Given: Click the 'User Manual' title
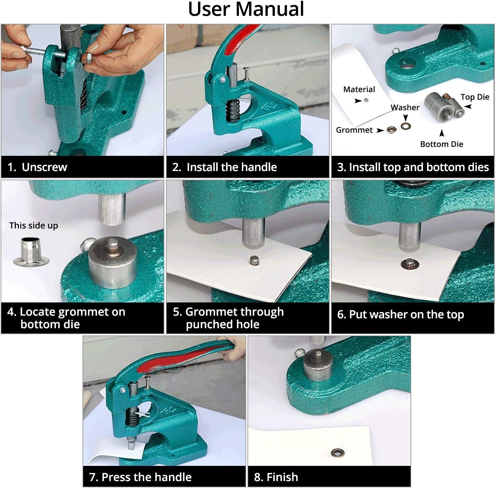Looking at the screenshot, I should coord(246,9).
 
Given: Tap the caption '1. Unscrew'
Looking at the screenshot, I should coord(37,167).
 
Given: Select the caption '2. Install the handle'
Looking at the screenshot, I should coord(224,167).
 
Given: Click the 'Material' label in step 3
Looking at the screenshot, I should coord(359,89).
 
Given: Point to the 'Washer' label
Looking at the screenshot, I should coord(405,108).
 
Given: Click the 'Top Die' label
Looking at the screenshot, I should coord(475,97).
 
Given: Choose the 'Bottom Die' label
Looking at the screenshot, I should coord(442,144).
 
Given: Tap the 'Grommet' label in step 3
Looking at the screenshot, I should coord(354,130).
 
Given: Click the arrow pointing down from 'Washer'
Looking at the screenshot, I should coord(406,118).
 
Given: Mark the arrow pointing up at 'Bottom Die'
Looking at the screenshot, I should coord(442,133).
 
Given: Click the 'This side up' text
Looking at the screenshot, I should coord(34,226).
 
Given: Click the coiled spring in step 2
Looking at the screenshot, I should coord(233,111).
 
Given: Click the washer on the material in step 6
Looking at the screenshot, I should coord(410,264).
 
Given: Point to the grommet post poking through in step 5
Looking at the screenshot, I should coord(254,261).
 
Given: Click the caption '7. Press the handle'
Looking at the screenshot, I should coord(140,477).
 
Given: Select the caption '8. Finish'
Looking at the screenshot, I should coord(276,477).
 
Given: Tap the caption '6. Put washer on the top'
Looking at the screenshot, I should coord(400,315).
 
